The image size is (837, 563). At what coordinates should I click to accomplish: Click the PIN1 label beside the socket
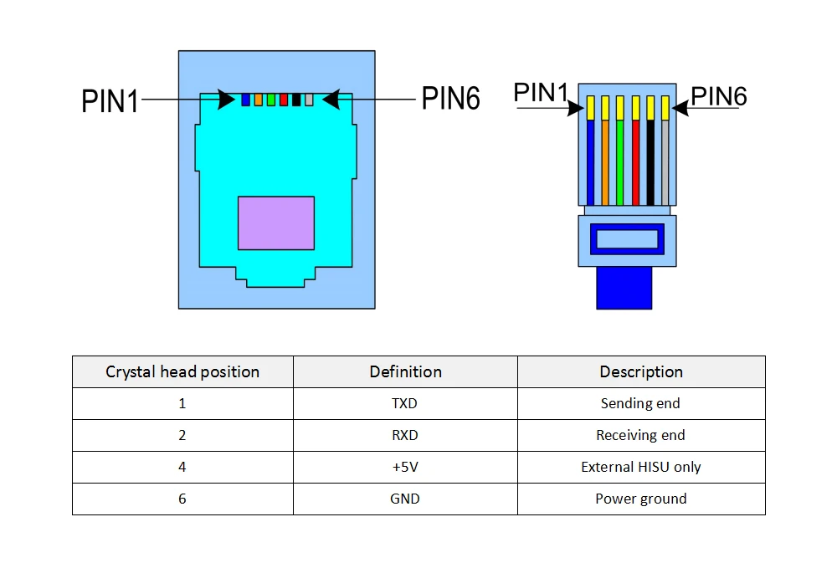pyautogui.click(x=110, y=100)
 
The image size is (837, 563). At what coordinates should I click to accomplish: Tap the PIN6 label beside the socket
pyautogui.click(x=450, y=99)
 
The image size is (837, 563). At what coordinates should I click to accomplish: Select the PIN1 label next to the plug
pyautogui.click(x=541, y=93)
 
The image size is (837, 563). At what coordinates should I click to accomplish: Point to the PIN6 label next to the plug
pyautogui.click(x=719, y=96)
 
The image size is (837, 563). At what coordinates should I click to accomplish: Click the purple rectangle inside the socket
pyautogui.click(x=276, y=223)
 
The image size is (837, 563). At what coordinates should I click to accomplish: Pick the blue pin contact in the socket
pyautogui.click(x=245, y=100)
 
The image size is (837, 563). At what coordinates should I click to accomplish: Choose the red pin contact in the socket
pyautogui.click(x=284, y=100)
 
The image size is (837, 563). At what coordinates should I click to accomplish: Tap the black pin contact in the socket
pyautogui.click(x=296, y=100)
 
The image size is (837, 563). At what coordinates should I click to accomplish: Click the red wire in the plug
pyautogui.click(x=635, y=163)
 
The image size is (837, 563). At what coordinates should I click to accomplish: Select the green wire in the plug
pyautogui.click(x=619, y=163)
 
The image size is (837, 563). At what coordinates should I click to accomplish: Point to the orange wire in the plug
pyautogui.click(x=604, y=163)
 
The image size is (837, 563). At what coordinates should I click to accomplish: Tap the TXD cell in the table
pyautogui.click(x=405, y=403)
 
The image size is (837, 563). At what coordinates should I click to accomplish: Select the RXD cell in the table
pyautogui.click(x=405, y=435)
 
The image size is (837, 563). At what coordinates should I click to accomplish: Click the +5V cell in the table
pyautogui.click(x=405, y=467)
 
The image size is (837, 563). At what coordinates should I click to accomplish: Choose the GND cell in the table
pyautogui.click(x=405, y=499)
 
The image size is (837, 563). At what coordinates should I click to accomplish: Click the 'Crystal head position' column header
pyautogui.click(x=182, y=371)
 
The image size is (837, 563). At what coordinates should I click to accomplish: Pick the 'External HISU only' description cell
pyautogui.click(x=641, y=467)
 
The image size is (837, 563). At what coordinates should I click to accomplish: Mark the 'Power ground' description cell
pyautogui.click(x=641, y=499)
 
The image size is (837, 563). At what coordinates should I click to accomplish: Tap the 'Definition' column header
pyautogui.click(x=405, y=371)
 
